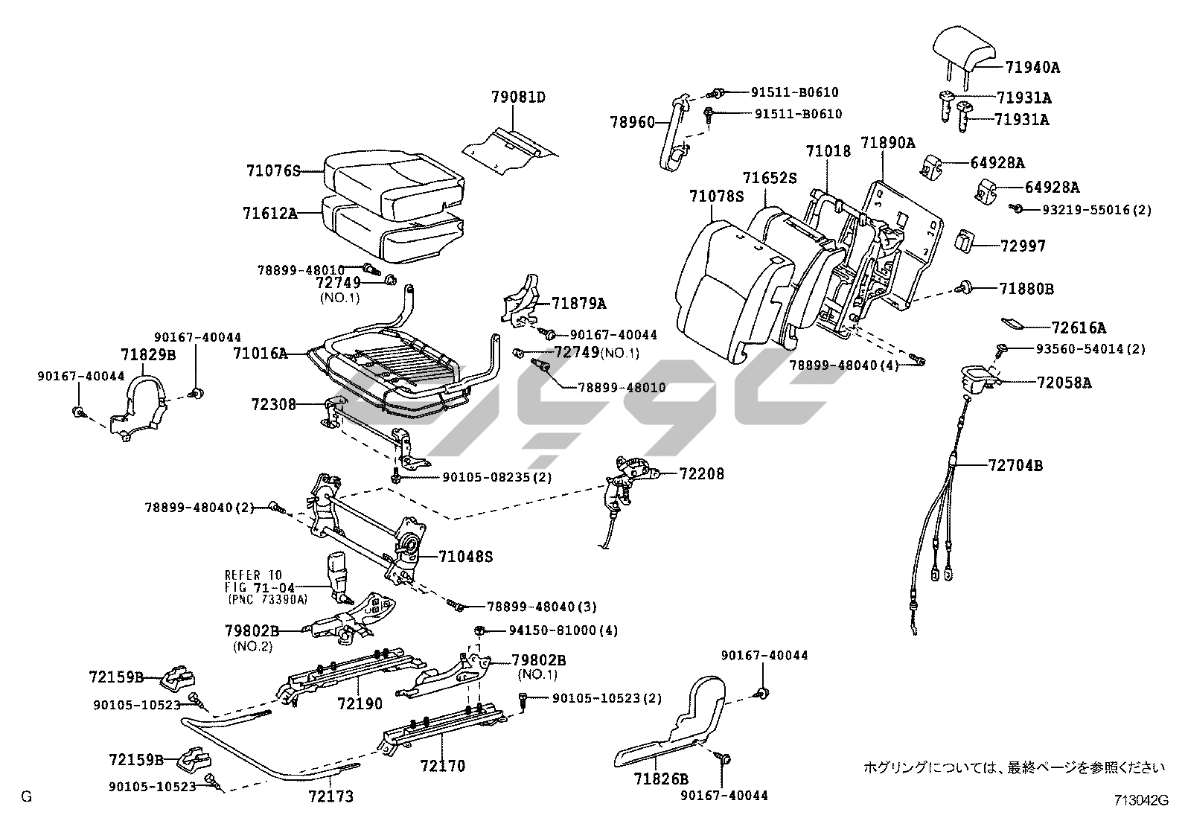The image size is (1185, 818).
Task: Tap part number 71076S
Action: click(x=272, y=170)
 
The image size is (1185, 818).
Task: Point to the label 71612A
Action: click(x=269, y=214)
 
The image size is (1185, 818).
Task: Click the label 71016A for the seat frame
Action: click(x=259, y=354)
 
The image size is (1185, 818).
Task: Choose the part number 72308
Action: click(x=273, y=404)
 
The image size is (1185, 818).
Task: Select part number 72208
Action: click(x=701, y=473)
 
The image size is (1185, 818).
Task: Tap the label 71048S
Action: click(x=465, y=556)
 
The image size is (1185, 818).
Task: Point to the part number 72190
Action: click(x=360, y=703)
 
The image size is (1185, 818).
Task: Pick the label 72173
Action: click(x=330, y=796)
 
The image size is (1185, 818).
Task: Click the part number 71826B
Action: click(x=661, y=779)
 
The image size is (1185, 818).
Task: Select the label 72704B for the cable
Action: click(x=1015, y=466)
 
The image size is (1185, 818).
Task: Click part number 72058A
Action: click(x=1064, y=383)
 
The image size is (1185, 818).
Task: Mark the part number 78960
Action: click(x=632, y=122)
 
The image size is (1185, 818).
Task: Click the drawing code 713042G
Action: click(x=1141, y=801)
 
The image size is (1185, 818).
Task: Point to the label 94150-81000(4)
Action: click(x=563, y=630)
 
